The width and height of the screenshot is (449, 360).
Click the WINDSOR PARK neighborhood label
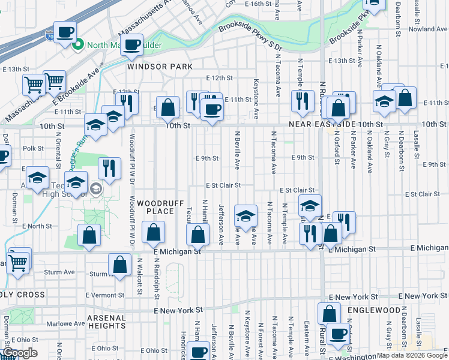coord(160,67)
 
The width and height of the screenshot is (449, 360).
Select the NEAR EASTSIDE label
coord(322,124)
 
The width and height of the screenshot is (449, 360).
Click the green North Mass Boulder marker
coord(77,44)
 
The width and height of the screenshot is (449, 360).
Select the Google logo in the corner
coord(19,353)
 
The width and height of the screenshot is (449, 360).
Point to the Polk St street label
coord(33,148)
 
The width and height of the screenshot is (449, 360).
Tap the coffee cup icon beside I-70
coord(65,32)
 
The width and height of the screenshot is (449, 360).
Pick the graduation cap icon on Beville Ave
coord(246,215)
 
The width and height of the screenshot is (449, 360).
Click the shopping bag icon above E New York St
coord(329,313)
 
